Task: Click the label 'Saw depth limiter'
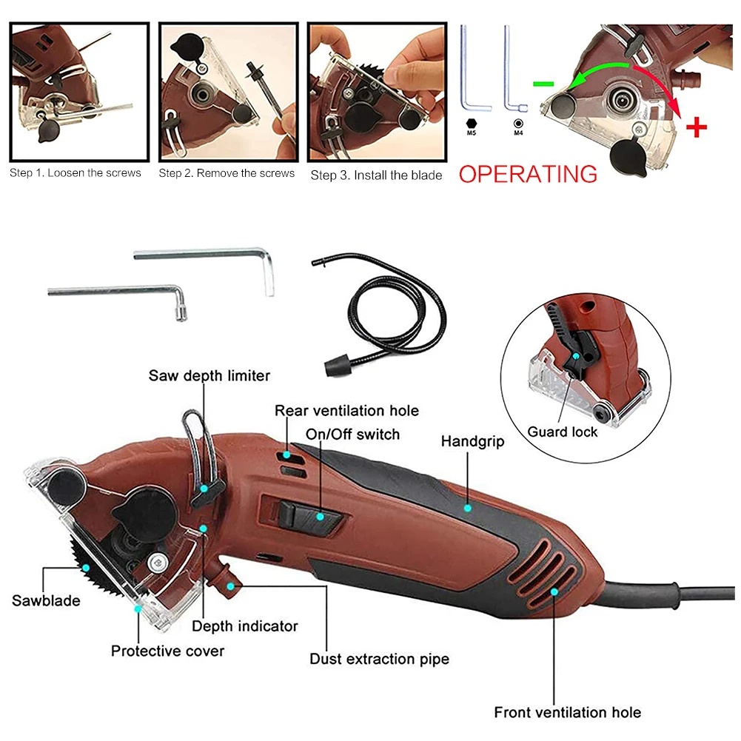tap(209, 375)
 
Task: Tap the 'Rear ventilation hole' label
tap(346, 411)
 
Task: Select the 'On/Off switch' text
tap(352, 434)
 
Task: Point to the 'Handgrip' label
tap(472, 442)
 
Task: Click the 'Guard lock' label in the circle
tap(563, 432)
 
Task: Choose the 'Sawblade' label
tap(46, 600)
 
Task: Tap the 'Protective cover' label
tap(167, 651)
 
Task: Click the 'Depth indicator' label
tap(245, 626)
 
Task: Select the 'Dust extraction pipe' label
tap(379, 659)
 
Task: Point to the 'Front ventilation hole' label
tap(568, 713)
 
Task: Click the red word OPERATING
tap(528, 174)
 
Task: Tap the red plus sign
tap(696, 127)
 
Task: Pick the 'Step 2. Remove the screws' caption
tap(227, 173)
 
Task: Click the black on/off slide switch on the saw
tap(302, 513)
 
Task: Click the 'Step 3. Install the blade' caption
tap(376, 175)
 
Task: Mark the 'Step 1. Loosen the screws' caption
tap(76, 173)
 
